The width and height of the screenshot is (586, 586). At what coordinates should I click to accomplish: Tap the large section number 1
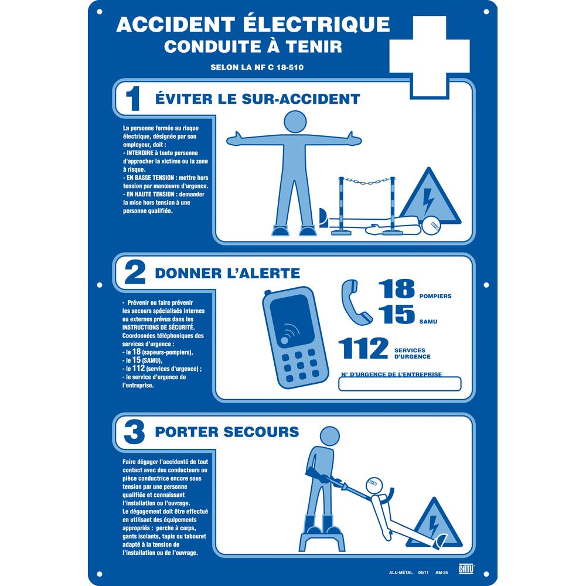coord(132,98)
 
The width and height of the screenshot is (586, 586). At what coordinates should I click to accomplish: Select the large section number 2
coord(134,272)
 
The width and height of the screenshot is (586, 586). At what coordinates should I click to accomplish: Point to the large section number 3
coord(134,432)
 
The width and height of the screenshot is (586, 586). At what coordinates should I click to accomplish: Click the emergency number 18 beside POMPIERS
coord(396,289)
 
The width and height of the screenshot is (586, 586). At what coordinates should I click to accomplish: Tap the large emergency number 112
coord(364,348)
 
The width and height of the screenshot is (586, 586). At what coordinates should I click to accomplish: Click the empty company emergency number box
coord(400,384)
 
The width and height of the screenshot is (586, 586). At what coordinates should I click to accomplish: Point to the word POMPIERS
coord(435,297)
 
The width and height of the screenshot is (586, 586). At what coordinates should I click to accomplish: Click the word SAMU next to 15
coord(428,322)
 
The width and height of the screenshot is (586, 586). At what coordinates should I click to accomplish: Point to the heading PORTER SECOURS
coord(227,432)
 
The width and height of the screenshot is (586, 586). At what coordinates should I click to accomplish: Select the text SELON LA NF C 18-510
coord(257,67)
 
